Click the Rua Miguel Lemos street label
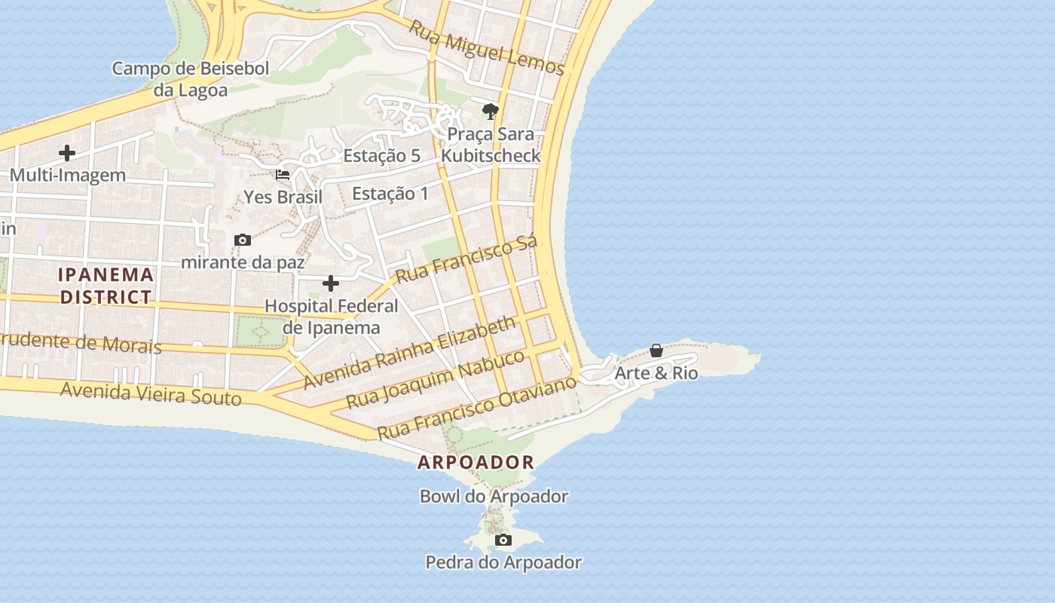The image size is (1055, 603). [486, 47]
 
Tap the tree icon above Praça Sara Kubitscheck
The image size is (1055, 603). [491, 112]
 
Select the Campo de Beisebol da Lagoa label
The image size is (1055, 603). [190, 79]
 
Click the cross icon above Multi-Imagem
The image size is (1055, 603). [67, 153]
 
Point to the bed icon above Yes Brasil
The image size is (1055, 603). [283, 175]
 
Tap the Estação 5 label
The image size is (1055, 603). [382, 156]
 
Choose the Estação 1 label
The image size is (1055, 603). [390, 194]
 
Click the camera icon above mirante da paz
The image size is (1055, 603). [243, 240]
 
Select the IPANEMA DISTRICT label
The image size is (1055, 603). [106, 286]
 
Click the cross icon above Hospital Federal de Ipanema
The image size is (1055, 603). [331, 283]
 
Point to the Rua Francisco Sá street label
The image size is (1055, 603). [466, 259]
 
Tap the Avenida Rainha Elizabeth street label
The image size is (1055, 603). [411, 352]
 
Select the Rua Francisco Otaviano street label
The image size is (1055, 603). [477, 407]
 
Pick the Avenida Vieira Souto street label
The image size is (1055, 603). [151, 393]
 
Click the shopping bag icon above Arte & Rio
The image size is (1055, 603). [656, 350]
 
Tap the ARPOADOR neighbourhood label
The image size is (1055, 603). [476, 462]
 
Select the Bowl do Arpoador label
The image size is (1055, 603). [494, 497]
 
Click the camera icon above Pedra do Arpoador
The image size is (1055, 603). [503, 540]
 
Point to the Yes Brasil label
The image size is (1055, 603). [283, 197]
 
